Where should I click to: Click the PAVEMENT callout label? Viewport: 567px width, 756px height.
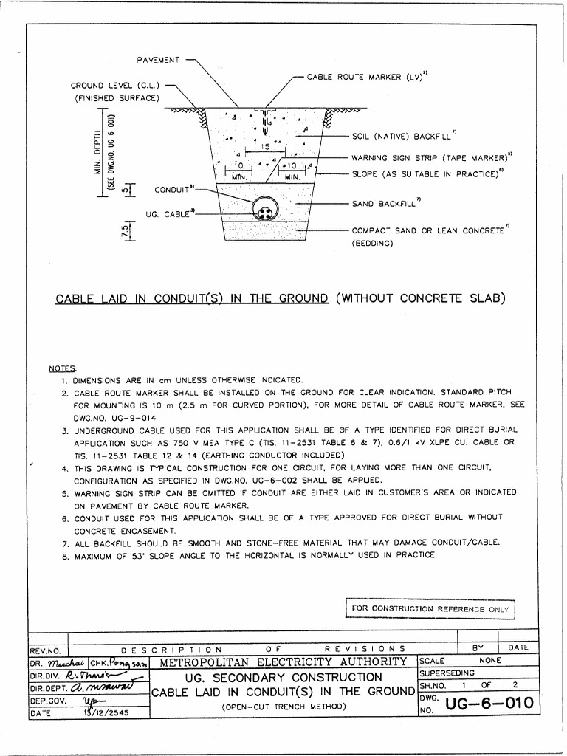(158, 59)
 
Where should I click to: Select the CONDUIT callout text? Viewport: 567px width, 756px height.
(173, 190)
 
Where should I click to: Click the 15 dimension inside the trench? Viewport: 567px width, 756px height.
(264, 148)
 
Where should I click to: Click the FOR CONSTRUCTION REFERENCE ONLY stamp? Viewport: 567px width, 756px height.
(430, 608)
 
